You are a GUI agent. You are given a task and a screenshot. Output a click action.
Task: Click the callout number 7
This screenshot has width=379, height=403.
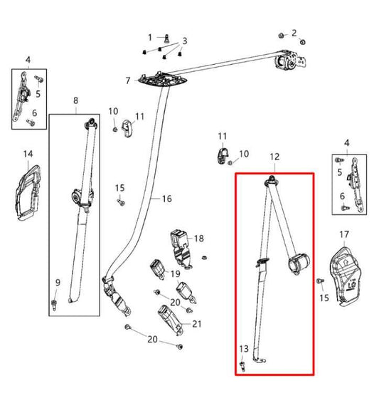point(128,80)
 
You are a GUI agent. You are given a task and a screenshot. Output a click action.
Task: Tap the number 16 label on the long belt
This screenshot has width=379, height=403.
point(166,199)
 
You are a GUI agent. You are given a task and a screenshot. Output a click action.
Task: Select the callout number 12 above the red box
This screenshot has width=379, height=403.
point(274,157)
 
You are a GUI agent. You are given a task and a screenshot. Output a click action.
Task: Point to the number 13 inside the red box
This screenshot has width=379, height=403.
point(244,349)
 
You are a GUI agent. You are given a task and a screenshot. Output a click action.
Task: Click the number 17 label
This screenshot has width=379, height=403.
point(344,234)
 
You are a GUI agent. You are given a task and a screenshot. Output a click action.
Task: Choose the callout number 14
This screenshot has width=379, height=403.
point(28,154)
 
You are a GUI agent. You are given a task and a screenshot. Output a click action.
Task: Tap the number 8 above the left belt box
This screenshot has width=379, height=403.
point(75,100)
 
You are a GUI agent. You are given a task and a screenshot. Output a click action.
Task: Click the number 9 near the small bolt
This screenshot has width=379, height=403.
point(58,283)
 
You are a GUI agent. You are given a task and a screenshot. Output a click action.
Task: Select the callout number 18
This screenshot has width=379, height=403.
point(198,239)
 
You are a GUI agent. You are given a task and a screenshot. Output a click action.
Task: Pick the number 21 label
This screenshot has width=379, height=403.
point(196,324)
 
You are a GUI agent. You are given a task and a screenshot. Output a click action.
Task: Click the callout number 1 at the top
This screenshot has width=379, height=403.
point(150,38)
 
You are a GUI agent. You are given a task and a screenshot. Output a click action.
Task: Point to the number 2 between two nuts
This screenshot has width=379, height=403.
point(294,33)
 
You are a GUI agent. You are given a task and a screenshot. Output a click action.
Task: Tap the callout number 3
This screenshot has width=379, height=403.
point(185,41)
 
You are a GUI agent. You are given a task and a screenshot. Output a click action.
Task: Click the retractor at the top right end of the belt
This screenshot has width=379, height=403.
point(290,60)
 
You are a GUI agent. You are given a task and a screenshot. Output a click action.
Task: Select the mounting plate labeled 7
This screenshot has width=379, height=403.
point(162,79)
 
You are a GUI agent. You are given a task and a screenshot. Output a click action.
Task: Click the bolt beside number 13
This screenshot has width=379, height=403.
point(242,366)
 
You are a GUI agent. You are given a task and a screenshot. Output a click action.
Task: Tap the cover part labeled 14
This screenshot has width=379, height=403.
point(28,192)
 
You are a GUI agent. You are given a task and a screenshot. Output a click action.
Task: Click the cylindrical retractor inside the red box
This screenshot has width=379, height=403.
point(299,263)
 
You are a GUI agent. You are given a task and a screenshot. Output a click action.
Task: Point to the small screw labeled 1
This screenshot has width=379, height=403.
point(167,38)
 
